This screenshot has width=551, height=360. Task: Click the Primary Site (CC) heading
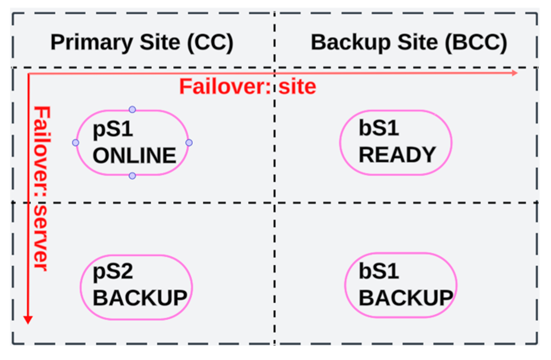[142, 42]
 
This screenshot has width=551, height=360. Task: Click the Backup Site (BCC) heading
[408, 42]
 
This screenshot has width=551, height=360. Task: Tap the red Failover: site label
[247, 86]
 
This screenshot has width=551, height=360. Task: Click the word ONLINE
[134, 155]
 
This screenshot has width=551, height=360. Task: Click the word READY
[397, 155]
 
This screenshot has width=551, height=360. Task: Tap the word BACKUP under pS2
[140, 298]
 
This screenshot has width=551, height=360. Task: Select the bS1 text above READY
[378, 129]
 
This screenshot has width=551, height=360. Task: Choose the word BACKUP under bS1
[405, 298]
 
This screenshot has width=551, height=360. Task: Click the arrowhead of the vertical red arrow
[28, 319]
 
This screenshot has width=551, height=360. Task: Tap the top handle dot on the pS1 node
[132, 109]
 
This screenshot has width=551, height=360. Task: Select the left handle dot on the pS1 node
[75, 142]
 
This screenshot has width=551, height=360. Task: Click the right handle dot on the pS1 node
[189, 142]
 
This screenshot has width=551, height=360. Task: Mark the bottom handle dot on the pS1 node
[132, 175]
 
